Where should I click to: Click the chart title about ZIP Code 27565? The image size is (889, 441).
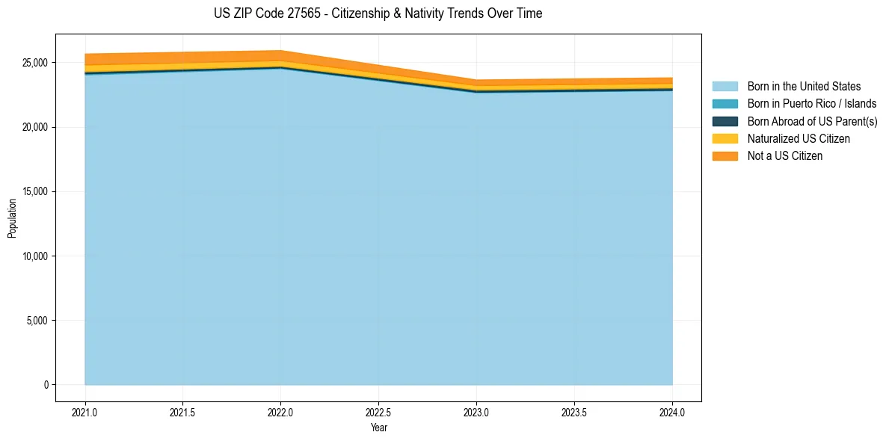(x=378, y=13)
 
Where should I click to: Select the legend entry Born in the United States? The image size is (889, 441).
(x=804, y=87)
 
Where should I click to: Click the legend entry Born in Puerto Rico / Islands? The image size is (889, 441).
(x=812, y=104)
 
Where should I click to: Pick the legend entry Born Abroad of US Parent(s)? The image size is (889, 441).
(x=812, y=121)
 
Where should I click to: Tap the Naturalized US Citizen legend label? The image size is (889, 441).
(x=799, y=139)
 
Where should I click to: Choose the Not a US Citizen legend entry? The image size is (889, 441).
(x=784, y=156)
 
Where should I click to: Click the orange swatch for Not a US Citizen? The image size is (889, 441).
(x=725, y=156)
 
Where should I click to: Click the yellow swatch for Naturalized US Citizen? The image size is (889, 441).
(x=725, y=139)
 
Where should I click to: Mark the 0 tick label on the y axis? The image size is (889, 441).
(x=46, y=385)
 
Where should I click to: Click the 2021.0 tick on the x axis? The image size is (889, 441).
(x=85, y=412)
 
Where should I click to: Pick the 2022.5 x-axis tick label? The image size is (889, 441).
(x=378, y=412)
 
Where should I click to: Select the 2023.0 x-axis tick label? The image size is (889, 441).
(x=476, y=412)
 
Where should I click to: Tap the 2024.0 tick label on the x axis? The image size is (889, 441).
(x=672, y=412)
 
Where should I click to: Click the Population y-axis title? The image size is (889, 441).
(x=12, y=218)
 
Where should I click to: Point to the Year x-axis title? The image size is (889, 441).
(x=378, y=428)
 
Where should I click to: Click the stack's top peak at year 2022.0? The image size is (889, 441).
(x=280, y=51)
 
